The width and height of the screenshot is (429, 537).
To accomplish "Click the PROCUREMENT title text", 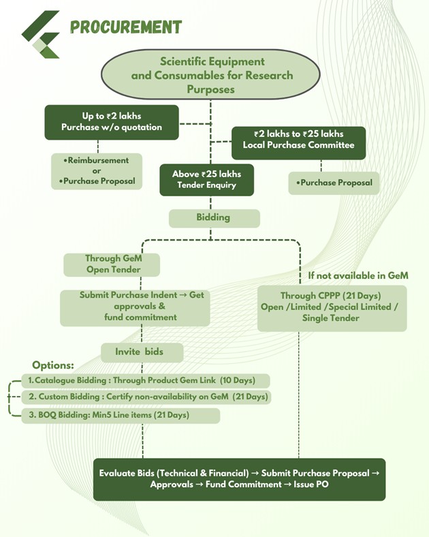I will (126, 27).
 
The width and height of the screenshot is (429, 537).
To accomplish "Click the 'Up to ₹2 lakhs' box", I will (112, 122).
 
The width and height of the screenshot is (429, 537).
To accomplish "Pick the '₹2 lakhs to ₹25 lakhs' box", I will (298, 140).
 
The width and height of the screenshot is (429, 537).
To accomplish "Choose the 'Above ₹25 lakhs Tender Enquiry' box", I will (207, 179).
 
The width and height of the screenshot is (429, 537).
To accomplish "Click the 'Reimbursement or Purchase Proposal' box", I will (97, 171).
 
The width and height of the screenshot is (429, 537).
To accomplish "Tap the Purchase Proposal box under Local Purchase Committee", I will (334, 183).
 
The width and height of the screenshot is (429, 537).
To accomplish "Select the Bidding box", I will (214, 217).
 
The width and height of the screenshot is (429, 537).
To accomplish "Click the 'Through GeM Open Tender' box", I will (112, 264).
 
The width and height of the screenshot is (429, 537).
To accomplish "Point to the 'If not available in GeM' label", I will (358, 276).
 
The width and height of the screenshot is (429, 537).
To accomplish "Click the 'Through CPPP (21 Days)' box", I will (332, 307).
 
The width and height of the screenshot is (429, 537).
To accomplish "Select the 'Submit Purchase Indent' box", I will (142, 307).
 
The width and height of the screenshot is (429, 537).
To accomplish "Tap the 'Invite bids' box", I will (142, 352).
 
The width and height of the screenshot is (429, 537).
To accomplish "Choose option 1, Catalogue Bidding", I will (146, 380).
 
